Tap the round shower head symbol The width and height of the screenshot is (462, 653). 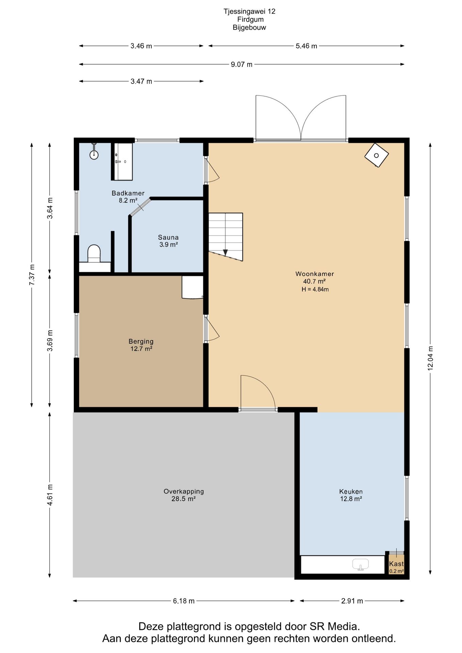[94, 155]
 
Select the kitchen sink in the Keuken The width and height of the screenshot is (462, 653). [361, 565]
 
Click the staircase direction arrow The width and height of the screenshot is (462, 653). [225, 252]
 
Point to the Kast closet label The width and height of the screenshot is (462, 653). [396, 564]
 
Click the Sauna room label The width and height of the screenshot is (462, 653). [168, 237]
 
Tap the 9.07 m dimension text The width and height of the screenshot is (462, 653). [242, 64]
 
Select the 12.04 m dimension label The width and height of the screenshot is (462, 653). [430, 358]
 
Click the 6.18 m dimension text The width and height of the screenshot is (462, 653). [184, 601]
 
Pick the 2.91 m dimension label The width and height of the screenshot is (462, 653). [352, 601]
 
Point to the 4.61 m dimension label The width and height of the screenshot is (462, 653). [50, 495]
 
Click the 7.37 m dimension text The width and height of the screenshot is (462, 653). [32, 275]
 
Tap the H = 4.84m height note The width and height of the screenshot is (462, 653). [315, 289]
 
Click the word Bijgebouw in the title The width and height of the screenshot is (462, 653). [249, 28]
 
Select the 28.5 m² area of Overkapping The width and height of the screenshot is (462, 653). [183, 499]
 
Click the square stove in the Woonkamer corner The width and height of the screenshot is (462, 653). [376, 155]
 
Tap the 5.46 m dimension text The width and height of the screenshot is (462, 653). [306, 46]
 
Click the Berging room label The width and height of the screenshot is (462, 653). [141, 341]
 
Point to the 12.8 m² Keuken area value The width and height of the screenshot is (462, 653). [351, 499]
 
